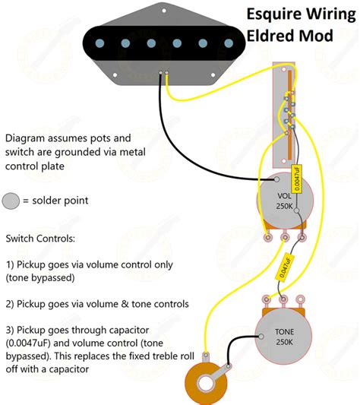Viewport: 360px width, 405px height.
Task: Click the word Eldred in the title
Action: pos(270,36)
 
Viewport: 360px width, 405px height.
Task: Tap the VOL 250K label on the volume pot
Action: pos(284,201)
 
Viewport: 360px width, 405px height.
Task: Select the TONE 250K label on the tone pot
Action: pos(284,337)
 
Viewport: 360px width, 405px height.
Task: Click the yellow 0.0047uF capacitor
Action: pos(297,179)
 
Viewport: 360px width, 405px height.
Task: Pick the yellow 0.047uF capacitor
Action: pos(285,267)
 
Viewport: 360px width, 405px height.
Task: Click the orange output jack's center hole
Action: pos(206,384)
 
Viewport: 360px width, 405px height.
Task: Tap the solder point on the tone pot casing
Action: pos(261,337)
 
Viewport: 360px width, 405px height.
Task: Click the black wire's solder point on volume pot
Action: pos(276,179)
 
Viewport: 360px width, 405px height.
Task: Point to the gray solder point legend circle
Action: pos(11,201)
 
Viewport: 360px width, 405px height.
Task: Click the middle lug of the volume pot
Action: pos(285,237)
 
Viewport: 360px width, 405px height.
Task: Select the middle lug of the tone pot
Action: pos(283,299)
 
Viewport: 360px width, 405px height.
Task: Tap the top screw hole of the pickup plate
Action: pos(164,11)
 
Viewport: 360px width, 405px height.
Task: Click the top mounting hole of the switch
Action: pos(283,69)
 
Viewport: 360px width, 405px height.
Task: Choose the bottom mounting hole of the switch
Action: pos(283,161)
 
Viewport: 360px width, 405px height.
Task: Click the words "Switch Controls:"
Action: pos(40,239)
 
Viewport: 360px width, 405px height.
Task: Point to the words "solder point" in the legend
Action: pos(60,201)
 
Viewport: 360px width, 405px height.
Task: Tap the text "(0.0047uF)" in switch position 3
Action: pos(28,343)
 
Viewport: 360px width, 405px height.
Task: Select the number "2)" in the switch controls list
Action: pos(10,304)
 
